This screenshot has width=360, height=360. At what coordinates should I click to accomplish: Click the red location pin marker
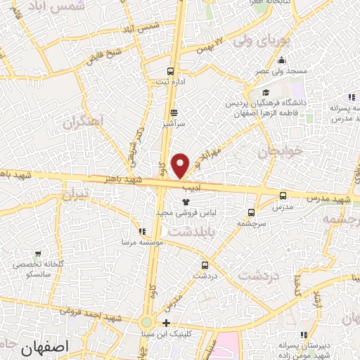(181, 165)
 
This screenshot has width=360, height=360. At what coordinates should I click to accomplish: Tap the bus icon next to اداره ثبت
(171, 71)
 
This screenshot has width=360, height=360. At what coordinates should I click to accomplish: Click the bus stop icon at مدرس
(283, 196)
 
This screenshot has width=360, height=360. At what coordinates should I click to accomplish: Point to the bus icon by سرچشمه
(251, 212)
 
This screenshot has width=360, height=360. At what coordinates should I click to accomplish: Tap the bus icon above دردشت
(205, 265)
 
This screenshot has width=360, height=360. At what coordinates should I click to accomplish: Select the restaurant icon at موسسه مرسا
(143, 231)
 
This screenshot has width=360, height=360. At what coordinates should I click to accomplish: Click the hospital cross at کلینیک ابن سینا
(166, 323)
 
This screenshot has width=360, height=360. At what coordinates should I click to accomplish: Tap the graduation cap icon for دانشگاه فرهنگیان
(265, 92)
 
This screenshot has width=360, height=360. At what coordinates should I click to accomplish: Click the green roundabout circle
(146, 323)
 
